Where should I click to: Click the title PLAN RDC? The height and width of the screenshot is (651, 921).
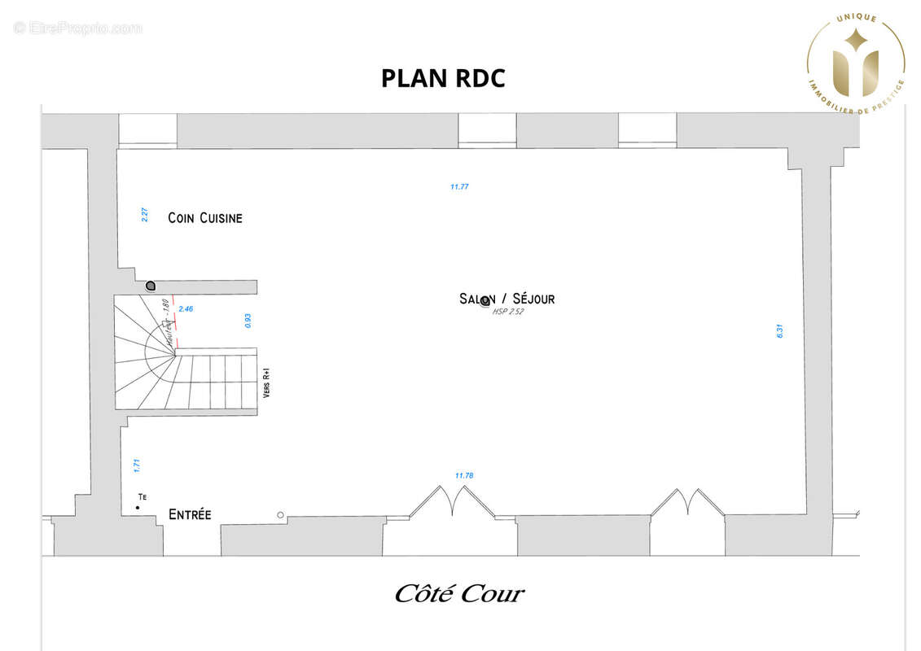pyautogui.click(x=443, y=78)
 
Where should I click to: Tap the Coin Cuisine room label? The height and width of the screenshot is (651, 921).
pyautogui.click(x=205, y=218)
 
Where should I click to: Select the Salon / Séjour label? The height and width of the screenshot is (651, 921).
pyautogui.click(x=507, y=299)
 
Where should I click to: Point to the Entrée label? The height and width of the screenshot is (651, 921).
pyautogui.click(x=190, y=514)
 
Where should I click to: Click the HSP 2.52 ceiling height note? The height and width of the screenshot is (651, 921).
pyautogui.click(x=508, y=312)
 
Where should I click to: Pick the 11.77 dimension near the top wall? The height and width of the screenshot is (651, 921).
pyautogui.click(x=459, y=187)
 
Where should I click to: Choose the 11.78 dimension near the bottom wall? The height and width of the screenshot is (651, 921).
pyautogui.click(x=464, y=475)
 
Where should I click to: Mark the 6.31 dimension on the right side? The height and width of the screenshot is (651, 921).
pyautogui.click(x=779, y=331)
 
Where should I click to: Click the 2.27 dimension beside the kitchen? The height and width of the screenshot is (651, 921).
pyautogui.click(x=144, y=216)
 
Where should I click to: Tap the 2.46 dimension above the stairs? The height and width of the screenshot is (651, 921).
pyautogui.click(x=186, y=309)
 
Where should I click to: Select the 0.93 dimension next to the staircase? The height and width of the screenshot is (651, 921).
pyautogui.click(x=248, y=321)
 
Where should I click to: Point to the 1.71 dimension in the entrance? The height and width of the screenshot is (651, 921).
pyautogui.click(x=137, y=466)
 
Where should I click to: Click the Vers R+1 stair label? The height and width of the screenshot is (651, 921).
pyautogui.click(x=266, y=383)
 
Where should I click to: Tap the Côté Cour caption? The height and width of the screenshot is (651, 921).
pyautogui.click(x=459, y=594)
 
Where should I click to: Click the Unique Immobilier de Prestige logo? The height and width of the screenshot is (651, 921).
pyautogui.click(x=855, y=60)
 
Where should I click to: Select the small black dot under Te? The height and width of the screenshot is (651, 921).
pyautogui.click(x=138, y=509)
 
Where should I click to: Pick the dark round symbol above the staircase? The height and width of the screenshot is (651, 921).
pyautogui.click(x=151, y=286)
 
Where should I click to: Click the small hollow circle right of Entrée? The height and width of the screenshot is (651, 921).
pyautogui.click(x=281, y=515)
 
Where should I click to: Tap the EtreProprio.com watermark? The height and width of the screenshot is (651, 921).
pyautogui.click(x=78, y=28)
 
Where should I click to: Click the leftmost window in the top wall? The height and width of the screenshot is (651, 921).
pyautogui.click(x=147, y=131)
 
